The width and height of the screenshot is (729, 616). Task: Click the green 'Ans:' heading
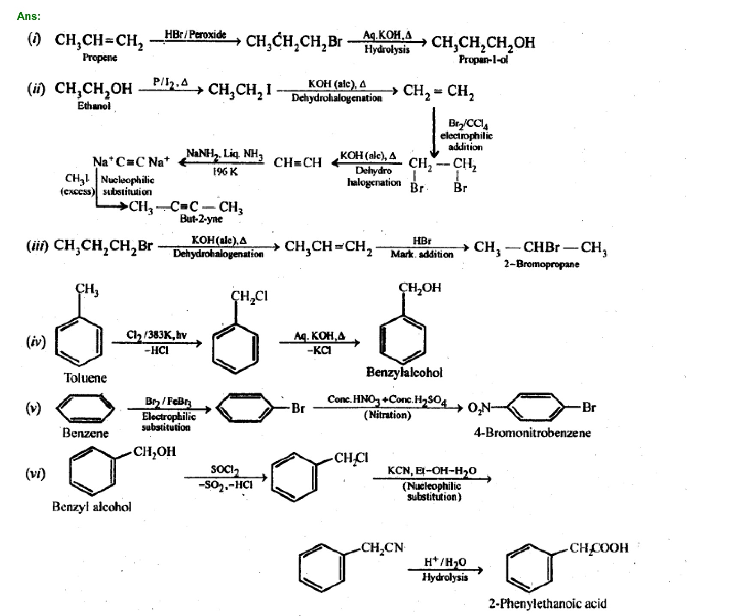29,16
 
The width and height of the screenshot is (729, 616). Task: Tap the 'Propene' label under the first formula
100,57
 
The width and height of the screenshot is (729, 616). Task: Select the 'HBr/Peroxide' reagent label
196,34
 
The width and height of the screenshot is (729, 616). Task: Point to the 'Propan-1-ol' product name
483,60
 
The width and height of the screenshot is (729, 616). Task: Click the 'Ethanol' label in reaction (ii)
93,106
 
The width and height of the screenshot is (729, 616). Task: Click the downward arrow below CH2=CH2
434,133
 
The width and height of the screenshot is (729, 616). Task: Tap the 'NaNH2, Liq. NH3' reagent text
225,154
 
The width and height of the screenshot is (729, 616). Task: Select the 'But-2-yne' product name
201,219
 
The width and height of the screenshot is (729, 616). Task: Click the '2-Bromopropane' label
541,264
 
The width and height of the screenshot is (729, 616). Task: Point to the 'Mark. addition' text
422,254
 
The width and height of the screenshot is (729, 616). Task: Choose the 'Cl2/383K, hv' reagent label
156,335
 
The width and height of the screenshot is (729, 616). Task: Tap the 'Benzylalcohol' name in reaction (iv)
404,372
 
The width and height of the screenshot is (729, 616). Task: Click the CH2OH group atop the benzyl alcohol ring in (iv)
420,288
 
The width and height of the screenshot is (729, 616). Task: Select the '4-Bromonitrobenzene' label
532,432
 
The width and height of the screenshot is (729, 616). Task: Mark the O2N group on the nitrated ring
479,408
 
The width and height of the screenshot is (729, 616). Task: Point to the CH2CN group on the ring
382,548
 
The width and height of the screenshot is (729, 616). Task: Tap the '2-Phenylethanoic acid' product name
548,604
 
